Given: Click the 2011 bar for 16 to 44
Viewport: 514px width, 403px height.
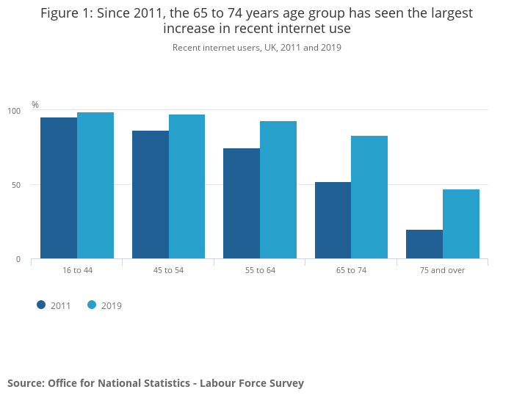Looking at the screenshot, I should click(x=59, y=188).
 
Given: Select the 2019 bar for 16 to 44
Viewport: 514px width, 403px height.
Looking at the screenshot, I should click(x=95, y=185).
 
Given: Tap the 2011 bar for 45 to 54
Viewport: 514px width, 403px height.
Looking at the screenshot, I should click(x=151, y=195).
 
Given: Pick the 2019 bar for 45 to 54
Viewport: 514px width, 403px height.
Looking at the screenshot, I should click(x=187, y=186).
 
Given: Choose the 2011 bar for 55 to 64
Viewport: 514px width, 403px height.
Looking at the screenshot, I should click(x=242, y=203).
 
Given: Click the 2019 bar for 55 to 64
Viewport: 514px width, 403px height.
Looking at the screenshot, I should click(x=278, y=190).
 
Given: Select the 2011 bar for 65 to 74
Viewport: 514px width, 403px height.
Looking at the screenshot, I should click(x=333, y=220).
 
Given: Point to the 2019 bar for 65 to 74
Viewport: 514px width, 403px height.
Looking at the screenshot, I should click(x=369, y=197).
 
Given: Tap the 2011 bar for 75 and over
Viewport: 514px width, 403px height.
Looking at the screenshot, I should click(x=424, y=244).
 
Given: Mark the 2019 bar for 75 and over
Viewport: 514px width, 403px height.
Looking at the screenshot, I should click(x=461, y=224).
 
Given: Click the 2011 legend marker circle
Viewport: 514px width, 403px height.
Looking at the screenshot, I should click(x=42, y=305).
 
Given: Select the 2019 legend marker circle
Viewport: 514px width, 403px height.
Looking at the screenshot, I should click(x=92, y=305).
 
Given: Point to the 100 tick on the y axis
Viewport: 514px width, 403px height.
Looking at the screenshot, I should click(x=14, y=111).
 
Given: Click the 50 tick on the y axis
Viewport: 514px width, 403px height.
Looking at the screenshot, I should click(x=16, y=185).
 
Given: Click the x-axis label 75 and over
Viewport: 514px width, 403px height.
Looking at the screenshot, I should click(x=442, y=270).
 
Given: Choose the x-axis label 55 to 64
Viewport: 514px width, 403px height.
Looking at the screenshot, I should click(x=260, y=270).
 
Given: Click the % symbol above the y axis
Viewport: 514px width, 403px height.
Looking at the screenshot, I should click(x=35, y=105).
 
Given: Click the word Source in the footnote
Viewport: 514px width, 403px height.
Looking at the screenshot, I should click(x=25, y=383).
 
